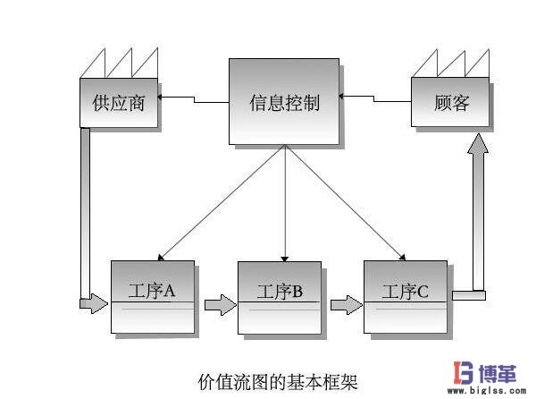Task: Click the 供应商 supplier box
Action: (x=119, y=103)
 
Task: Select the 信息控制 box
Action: (x=284, y=102)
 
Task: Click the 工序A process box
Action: (x=152, y=295)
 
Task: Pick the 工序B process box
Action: (x=280, y=296)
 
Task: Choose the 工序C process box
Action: (x=406, y=295)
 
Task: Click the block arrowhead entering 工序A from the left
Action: (x=94, y=305)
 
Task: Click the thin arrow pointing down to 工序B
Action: (x=284, y=206)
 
